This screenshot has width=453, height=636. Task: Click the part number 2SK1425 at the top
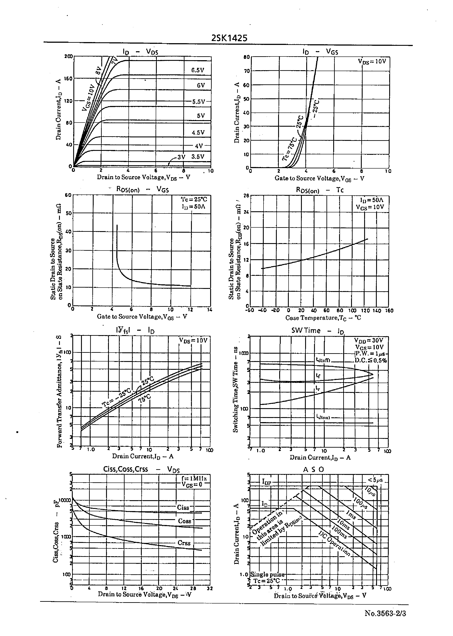tap(229, 38)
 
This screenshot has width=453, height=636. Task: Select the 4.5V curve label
tap(198, 133)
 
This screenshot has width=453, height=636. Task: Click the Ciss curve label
tap(183, 508)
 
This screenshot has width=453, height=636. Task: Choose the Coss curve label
tap(184, 521)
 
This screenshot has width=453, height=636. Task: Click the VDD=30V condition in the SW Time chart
tap(368, 340)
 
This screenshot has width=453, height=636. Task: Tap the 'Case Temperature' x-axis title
tap(323, 318)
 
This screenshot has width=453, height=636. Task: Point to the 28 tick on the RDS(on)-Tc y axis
tap(246, 196)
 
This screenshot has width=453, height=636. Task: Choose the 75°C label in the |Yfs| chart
tap(144, 398)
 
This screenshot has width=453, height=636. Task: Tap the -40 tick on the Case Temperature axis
tap(262, 310)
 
